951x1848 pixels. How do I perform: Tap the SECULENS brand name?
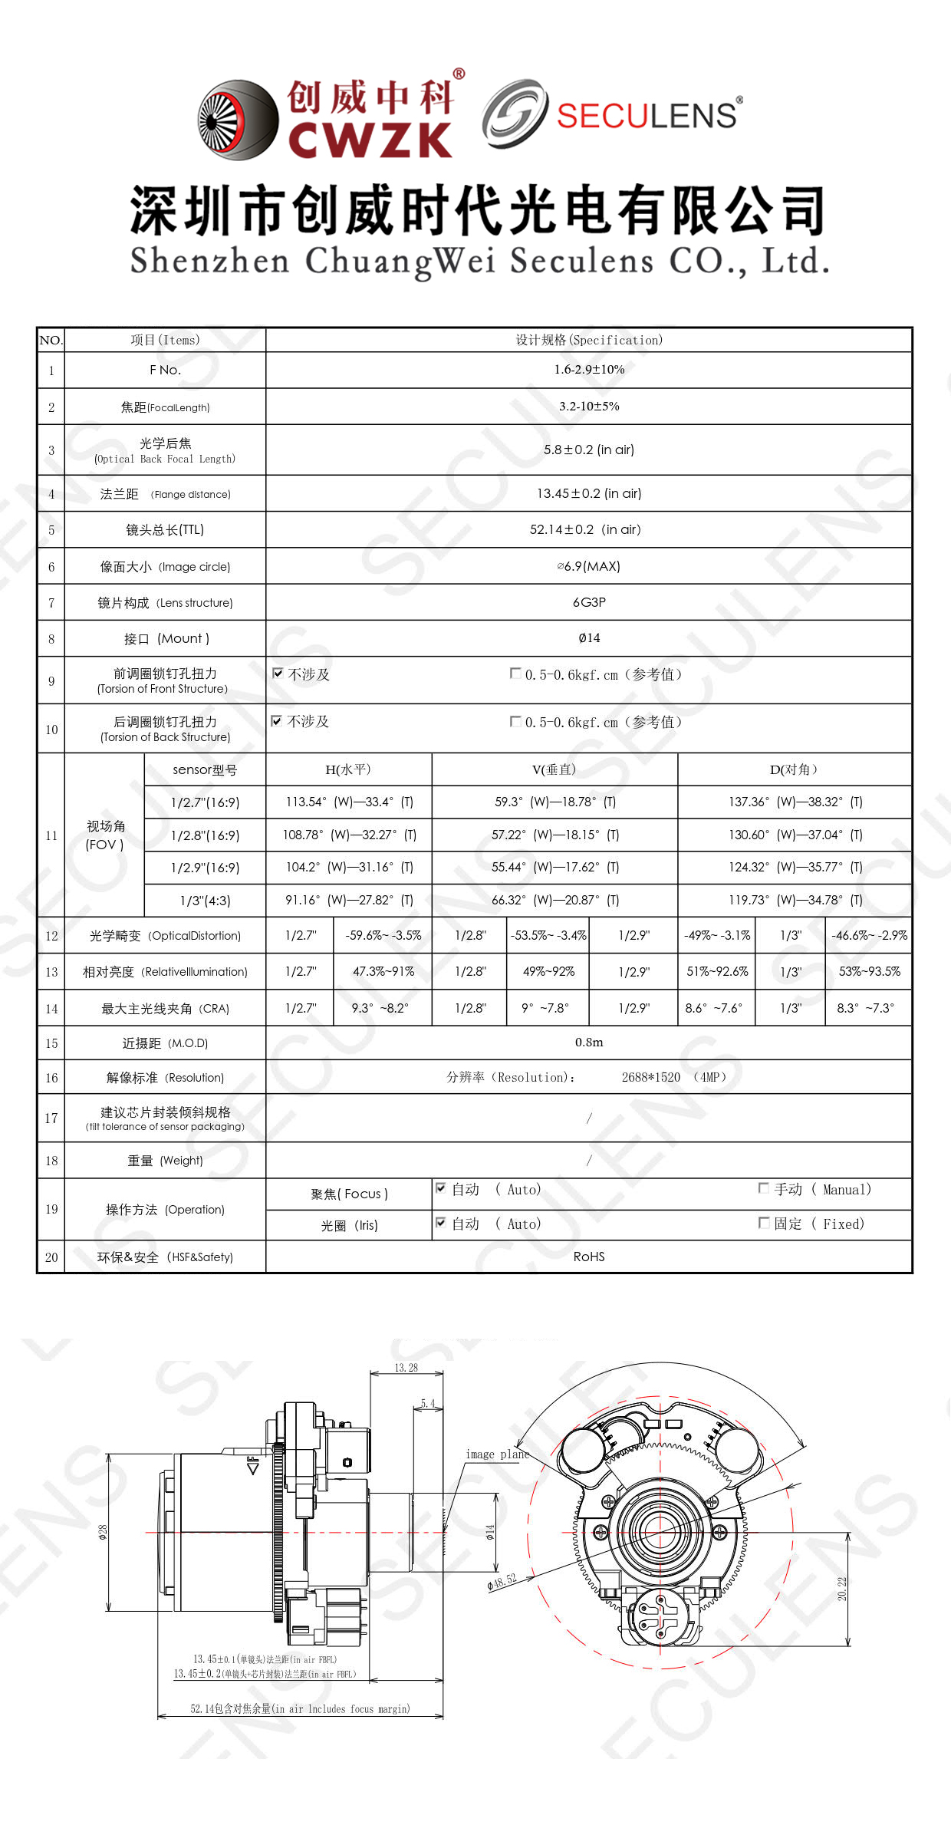click(x=646, y=116)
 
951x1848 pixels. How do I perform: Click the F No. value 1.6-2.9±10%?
click(x=589, y=370)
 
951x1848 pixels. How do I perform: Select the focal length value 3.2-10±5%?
click(x=589, y=407)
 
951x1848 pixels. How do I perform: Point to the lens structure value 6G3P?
click(x=589, y=602)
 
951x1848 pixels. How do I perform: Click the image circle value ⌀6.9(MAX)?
click(x=589, y=566)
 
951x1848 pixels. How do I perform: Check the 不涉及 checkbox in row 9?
click(x=278, y=674)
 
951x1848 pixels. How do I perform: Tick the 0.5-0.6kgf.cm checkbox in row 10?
click(x=515, y=721)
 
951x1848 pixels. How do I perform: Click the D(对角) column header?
click(x=794, y=769)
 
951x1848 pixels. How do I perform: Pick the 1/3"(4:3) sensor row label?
click(x=205, y=901)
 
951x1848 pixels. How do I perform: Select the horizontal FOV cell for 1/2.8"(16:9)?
click(x=349, y=835)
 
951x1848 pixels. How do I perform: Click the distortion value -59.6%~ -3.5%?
click(x=383, y=936)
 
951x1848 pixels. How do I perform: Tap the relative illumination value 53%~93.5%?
click(x=869, y=971)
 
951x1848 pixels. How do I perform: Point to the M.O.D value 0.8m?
click(x=589, y=1043)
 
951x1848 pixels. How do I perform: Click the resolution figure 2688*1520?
click(x=650, y=1077)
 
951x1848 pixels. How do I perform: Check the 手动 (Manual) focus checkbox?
click(x=763, y=1188)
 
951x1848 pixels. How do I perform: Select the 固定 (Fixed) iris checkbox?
click(x=763, y=1223)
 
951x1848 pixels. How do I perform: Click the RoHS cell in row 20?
click(x=589, y=1257)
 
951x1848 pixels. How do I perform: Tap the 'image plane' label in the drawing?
click(x=497, y=1454)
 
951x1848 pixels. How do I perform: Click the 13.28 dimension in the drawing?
click(x=406, y=1368)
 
